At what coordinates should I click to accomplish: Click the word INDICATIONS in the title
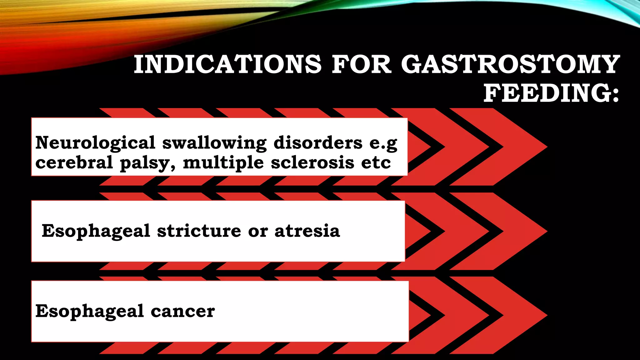pyautogui.click(x=227, y=64)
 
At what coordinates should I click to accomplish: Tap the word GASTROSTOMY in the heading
pyautogui.click(x=510, y=64)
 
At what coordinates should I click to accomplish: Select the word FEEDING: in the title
pyautogui.click(x=551, y=93)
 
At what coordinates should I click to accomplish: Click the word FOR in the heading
pyautogui.click(x=361, y=64)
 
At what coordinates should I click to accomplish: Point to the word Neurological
pyautogui.click(x=95, y=143)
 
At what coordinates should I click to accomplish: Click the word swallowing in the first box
pyautogui.click(x=214, y=143)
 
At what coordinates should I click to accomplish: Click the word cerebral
pyautogui.click(x=74, y=162)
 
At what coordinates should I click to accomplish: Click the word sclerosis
pyautogui.click(x=312, y=162)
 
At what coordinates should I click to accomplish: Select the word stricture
pyautogui.click(x=199, y=231)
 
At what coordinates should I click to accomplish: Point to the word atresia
pyautogui.click(x=307, y=231)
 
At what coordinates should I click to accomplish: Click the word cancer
pyautogui.click(x=182, y=311)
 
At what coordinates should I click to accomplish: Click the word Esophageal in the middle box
pyautogui.click(x=96, y=232)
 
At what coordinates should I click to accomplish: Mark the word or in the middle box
pyautogui.click(x=258, y=232)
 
